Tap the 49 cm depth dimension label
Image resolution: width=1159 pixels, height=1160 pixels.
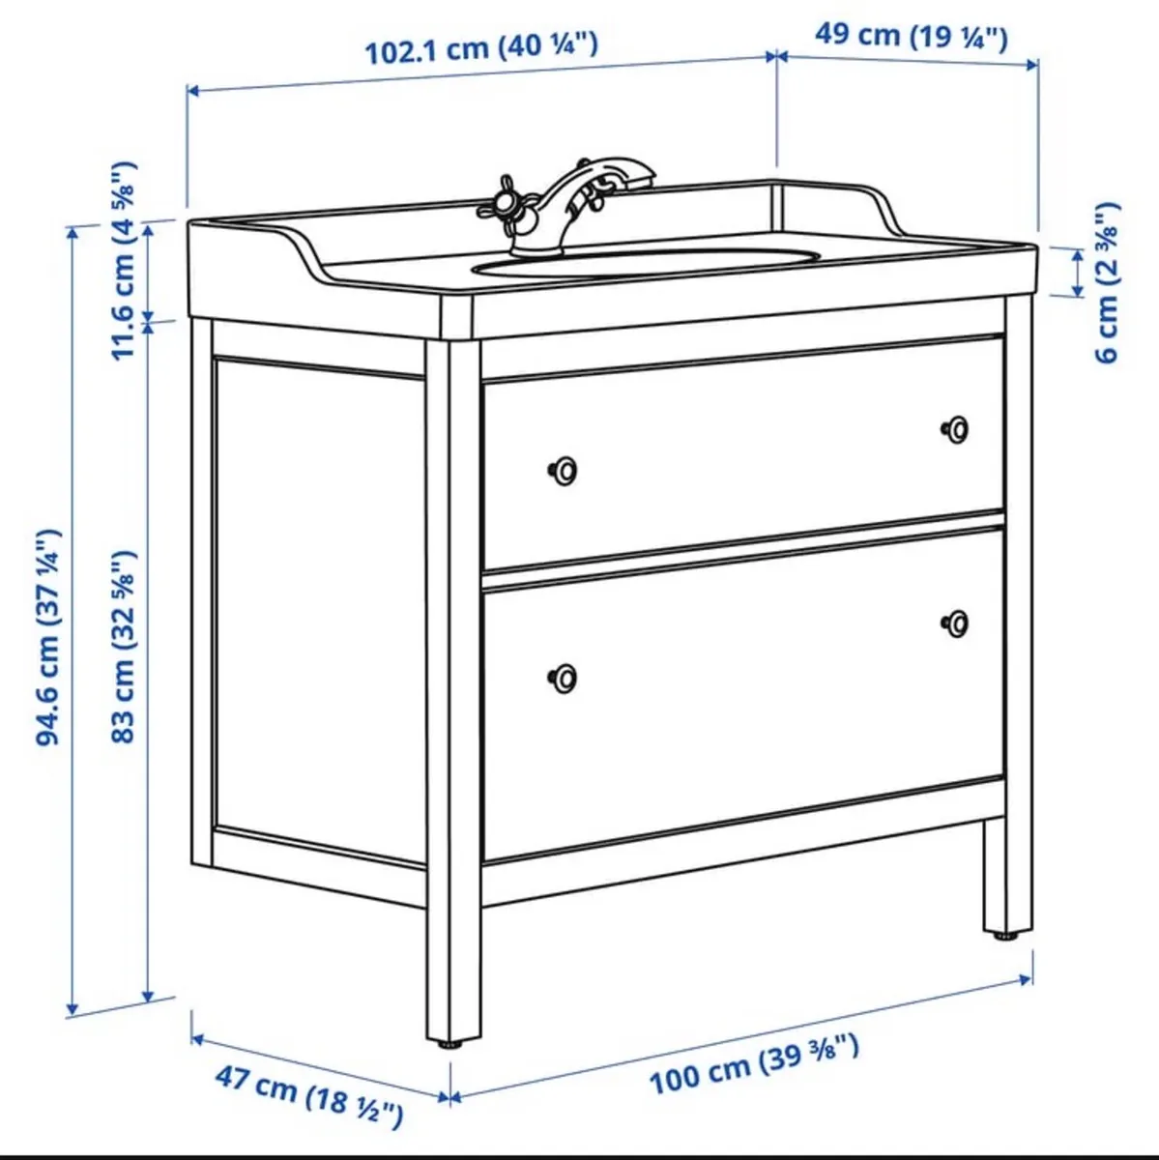click(911, 36)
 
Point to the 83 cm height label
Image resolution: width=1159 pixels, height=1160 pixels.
click(124, 647)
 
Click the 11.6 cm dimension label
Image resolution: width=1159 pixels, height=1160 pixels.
click(124, 261)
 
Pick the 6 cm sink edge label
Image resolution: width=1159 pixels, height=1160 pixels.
click(1108, 281)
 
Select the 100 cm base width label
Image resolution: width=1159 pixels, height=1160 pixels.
click(753, 1062)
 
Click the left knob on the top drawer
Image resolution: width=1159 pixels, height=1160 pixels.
click(564, 471)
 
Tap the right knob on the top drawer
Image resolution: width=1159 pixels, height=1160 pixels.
click(956, 428)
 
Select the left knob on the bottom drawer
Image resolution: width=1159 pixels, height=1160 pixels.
click(564, 678)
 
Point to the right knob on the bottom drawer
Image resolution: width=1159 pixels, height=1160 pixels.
click(956, 623)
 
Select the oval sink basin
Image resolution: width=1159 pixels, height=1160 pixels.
click(646, 261)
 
